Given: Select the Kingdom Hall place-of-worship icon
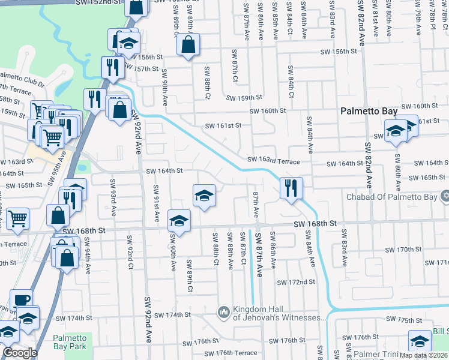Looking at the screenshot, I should point(224,312).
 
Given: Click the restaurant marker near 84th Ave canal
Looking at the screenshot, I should point(291,188).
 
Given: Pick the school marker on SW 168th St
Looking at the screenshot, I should point(178,221).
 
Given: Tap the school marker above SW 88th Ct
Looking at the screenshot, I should point(204,196).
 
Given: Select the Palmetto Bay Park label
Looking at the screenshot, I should point(69,341).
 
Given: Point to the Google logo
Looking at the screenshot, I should point(20,352).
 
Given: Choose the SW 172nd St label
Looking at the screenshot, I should point(296,282).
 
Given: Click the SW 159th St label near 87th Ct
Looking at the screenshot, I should point(244,97).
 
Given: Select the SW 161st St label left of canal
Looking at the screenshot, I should point(223,126).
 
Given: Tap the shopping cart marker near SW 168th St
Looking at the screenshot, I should point(17,219).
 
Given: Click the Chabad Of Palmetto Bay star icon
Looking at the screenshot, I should point(445,196).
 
